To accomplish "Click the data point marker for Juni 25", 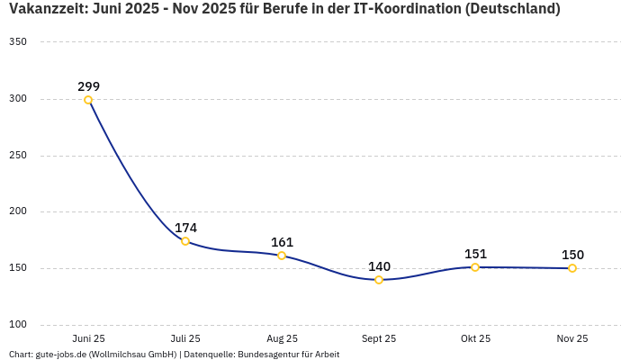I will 88,100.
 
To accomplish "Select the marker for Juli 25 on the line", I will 185,241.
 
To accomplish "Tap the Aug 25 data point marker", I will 282,256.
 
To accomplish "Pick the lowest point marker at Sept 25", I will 379,280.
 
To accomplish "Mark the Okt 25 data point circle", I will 475,267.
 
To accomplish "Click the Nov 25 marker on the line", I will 572,268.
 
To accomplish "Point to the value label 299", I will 88,86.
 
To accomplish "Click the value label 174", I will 185,228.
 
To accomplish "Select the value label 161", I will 282,242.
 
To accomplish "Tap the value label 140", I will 379,266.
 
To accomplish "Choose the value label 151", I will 475,254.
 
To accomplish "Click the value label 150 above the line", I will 572,255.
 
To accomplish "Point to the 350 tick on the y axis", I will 18,42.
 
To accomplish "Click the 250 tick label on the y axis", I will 18,156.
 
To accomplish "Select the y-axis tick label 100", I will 18,325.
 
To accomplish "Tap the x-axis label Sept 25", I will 379,338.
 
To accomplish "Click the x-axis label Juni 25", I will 88,338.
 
